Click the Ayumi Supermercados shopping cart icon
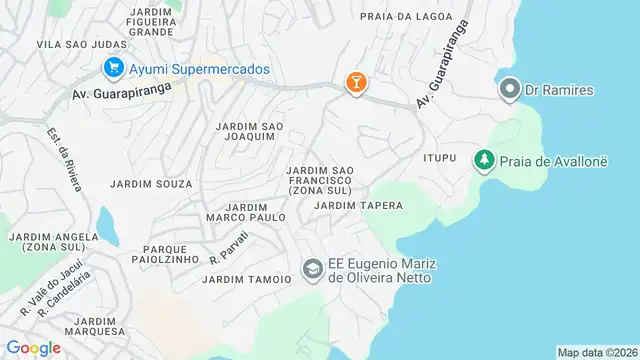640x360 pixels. point(113,68)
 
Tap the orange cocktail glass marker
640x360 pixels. point(354,83)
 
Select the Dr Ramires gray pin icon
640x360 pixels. point(509,90)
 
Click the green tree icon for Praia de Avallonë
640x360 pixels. point(484,160)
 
